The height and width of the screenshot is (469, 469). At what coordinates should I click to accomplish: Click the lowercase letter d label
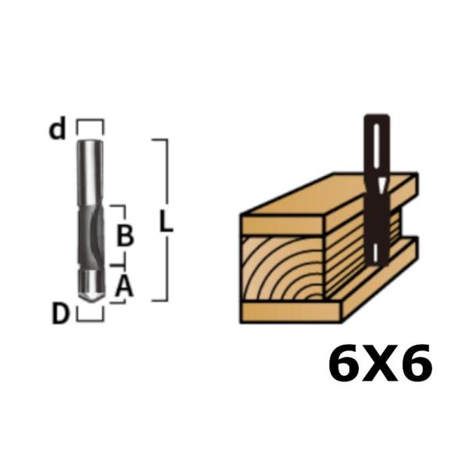57,130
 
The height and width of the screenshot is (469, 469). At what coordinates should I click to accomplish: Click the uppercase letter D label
61,314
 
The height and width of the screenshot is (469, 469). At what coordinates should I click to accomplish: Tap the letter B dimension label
124,234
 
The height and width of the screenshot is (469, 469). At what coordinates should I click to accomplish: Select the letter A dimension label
124,288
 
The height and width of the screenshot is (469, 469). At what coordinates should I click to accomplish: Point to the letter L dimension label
166,222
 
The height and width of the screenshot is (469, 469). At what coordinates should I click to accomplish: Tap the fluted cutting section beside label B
91,234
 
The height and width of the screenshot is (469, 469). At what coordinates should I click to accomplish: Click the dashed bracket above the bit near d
90,123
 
